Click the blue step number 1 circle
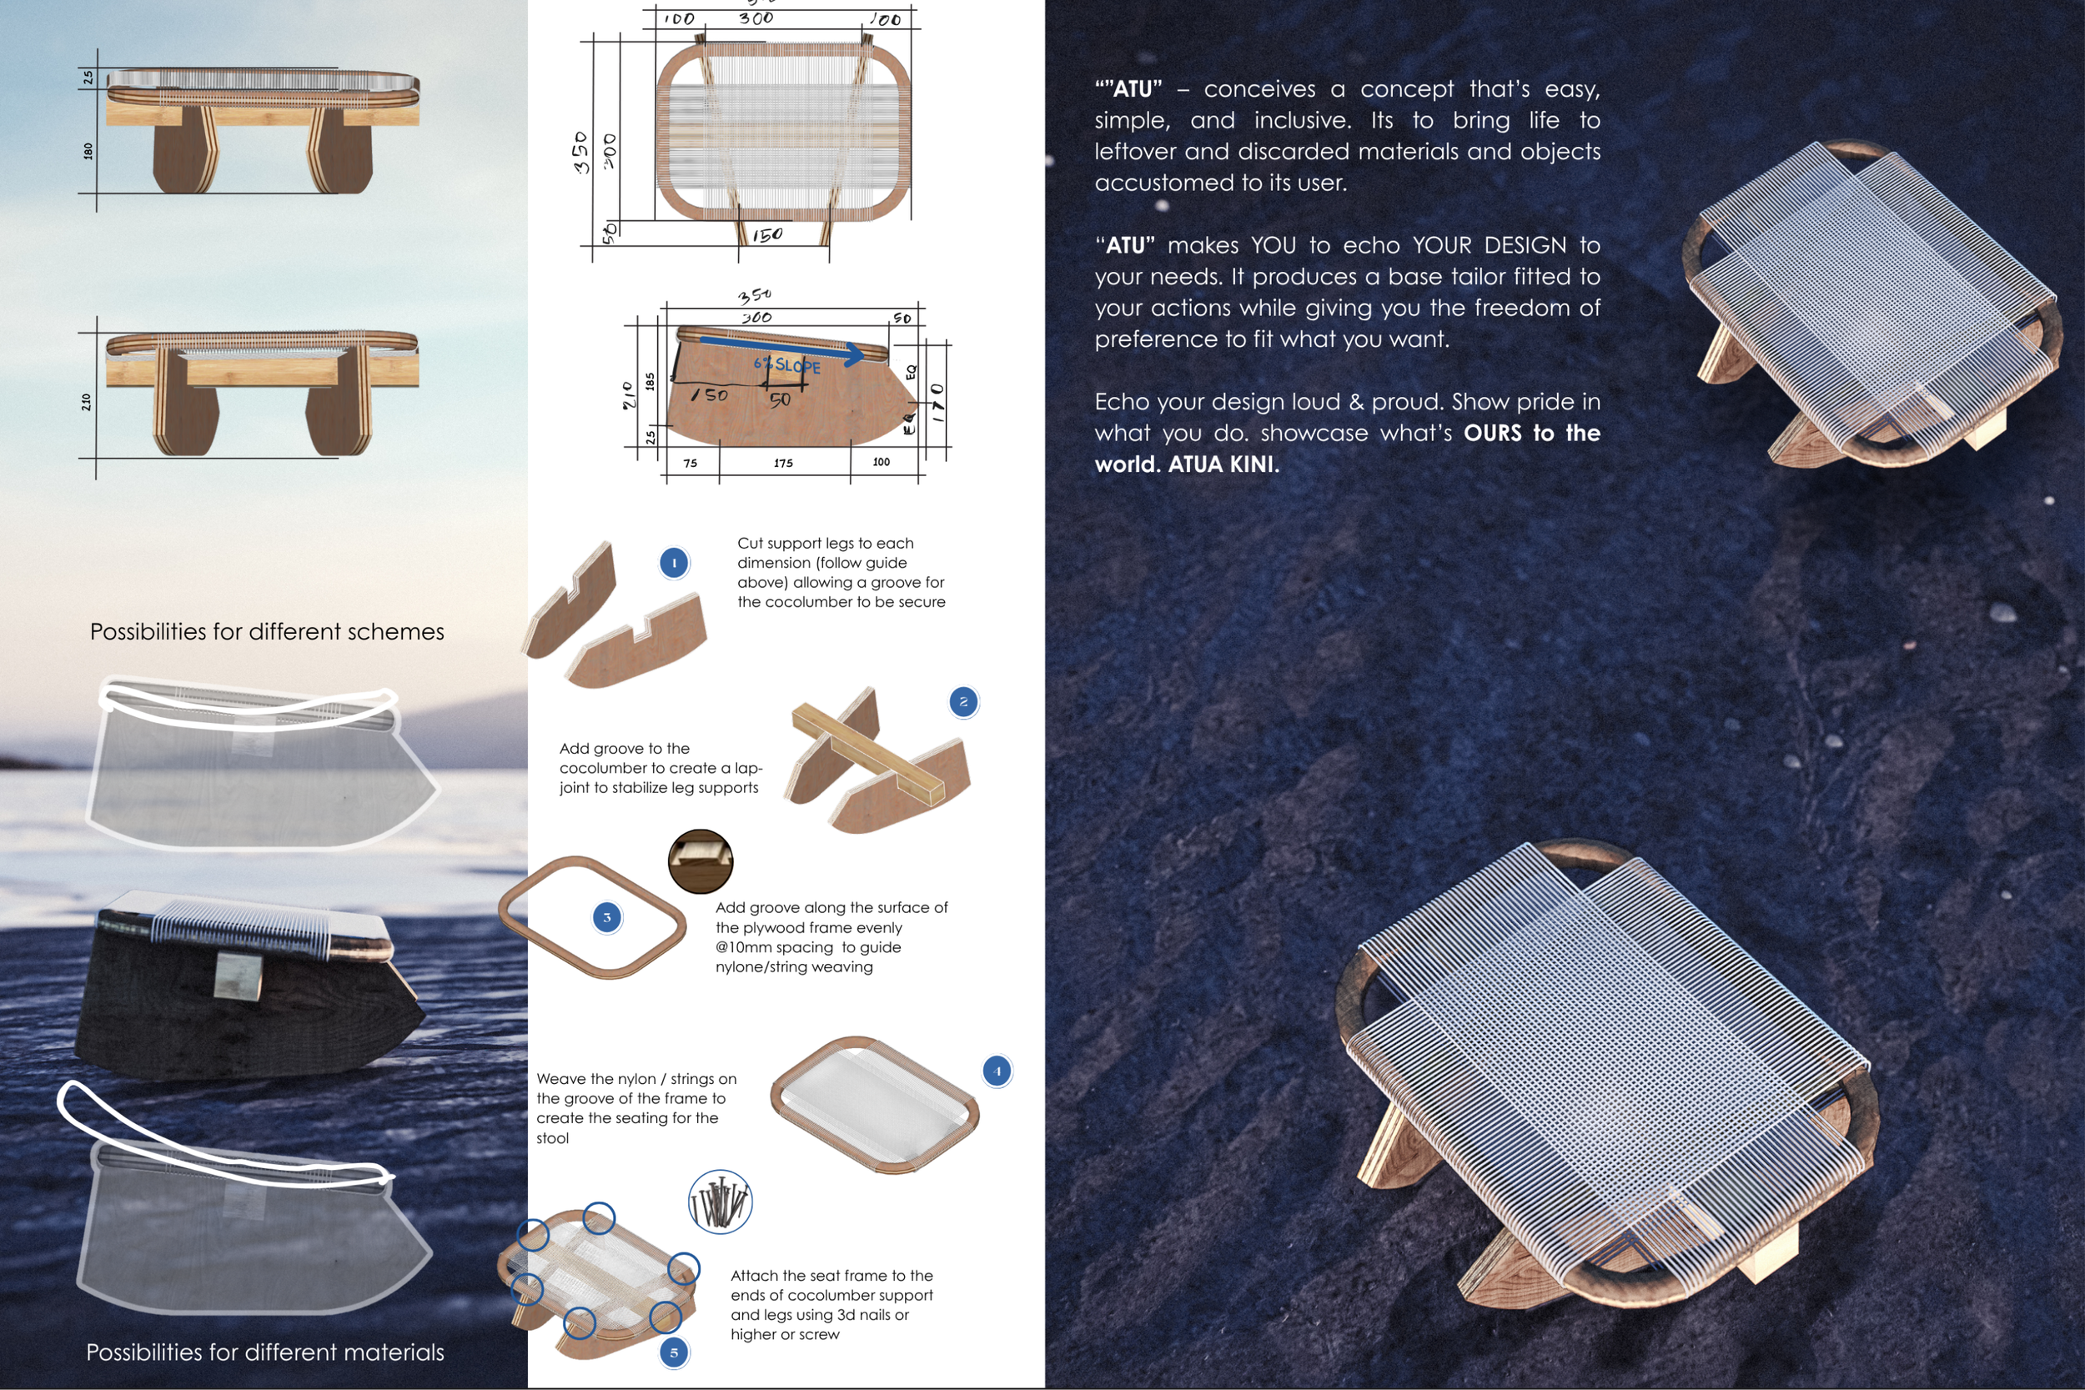click(674, 563)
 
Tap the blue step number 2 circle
click(963, 702)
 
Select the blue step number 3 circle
click(606, 917)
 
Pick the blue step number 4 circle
click(997, 1071)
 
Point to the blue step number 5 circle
click(674, 1352)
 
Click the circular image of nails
click(720, 1202)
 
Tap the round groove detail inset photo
click(701, 861)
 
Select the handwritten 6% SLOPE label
click(787, 364)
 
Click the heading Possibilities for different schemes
click(267, 632)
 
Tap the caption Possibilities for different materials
click(265, 1352)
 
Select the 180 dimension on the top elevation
click(88, 151)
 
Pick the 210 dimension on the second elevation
click(86, 402)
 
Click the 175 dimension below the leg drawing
click(784, 463)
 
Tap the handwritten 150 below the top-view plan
click(767, 235)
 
